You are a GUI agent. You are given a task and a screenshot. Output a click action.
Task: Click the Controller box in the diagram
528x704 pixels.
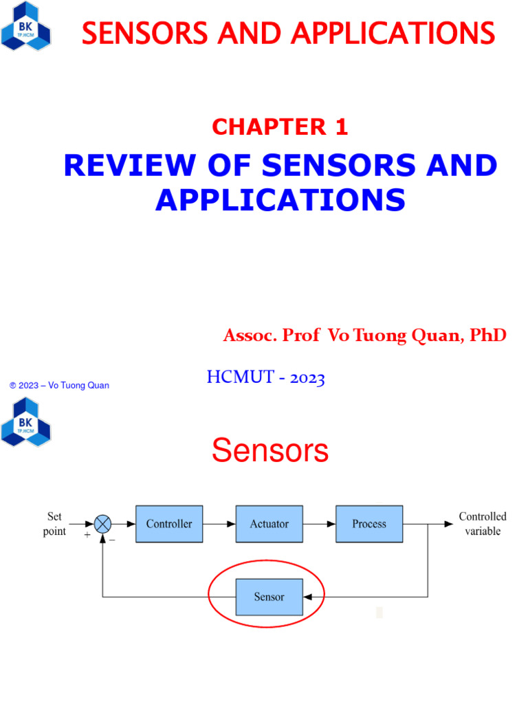click(169, 524)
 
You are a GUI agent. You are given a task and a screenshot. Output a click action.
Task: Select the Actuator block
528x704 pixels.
click(269, 524)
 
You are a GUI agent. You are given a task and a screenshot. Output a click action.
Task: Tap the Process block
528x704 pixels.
click(369, 524)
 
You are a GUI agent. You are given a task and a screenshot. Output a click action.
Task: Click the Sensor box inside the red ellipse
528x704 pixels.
click(269, 597)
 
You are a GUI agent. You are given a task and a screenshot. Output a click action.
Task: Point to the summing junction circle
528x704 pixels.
click(102, 524)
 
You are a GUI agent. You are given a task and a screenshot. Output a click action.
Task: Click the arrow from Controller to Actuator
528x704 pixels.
click(219, 524)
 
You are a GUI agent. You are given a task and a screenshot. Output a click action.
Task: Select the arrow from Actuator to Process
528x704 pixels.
click(320, 524)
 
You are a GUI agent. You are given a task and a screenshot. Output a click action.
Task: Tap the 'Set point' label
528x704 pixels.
click(55, 523)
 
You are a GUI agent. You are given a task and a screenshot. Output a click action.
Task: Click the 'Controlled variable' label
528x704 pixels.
click(483, 524)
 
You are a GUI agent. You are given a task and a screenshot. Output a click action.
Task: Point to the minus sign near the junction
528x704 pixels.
click(112, 540)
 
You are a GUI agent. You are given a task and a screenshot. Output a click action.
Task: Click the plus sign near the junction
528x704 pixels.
click(87, 533)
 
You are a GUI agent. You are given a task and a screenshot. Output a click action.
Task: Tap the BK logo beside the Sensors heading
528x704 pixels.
click(26, 421)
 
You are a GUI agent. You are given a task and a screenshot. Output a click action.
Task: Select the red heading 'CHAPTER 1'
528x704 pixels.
click(280, 126)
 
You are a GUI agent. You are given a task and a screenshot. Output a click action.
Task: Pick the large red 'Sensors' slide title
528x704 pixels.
click(270, 451)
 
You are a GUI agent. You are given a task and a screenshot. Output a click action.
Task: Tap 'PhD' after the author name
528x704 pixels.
click(488, 335)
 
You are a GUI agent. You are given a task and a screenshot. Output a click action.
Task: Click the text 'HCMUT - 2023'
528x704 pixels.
click(265, 377)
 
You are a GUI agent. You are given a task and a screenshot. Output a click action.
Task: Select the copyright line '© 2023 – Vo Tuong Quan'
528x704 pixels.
click(59, 386)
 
